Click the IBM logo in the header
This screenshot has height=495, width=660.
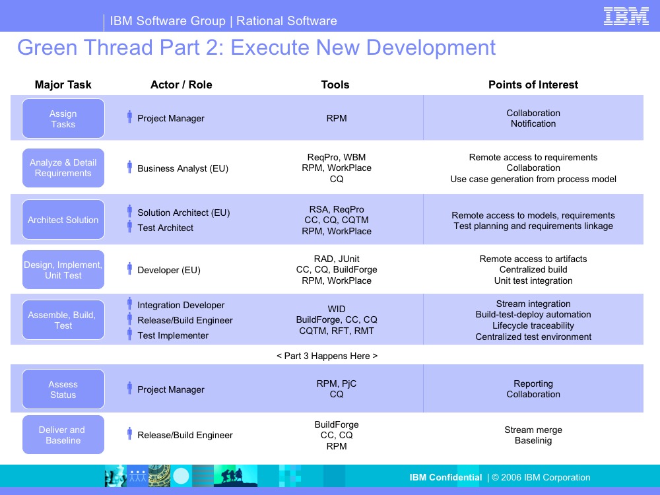626,16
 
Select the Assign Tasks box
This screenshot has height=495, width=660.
63,118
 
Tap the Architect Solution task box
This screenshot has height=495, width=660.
63,219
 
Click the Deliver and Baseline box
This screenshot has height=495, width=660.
63,434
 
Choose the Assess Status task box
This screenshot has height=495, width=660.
63,389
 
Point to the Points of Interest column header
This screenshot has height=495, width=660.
533,84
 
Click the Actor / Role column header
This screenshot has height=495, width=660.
181,84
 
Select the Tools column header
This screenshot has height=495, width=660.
335,84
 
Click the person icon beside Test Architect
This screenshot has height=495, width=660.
129,226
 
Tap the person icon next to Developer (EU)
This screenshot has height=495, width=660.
129,269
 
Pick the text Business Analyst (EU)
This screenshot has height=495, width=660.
183,168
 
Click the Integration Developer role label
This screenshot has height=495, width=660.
181,305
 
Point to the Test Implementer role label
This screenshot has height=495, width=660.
173,335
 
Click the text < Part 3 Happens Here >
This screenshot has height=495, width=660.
327,356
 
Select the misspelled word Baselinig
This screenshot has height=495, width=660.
533,440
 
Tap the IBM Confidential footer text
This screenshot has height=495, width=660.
445,477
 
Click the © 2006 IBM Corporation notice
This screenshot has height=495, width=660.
541,477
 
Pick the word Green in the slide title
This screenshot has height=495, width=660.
47,47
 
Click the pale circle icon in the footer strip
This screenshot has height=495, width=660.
181,476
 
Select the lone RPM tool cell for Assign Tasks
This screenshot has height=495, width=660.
337,118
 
